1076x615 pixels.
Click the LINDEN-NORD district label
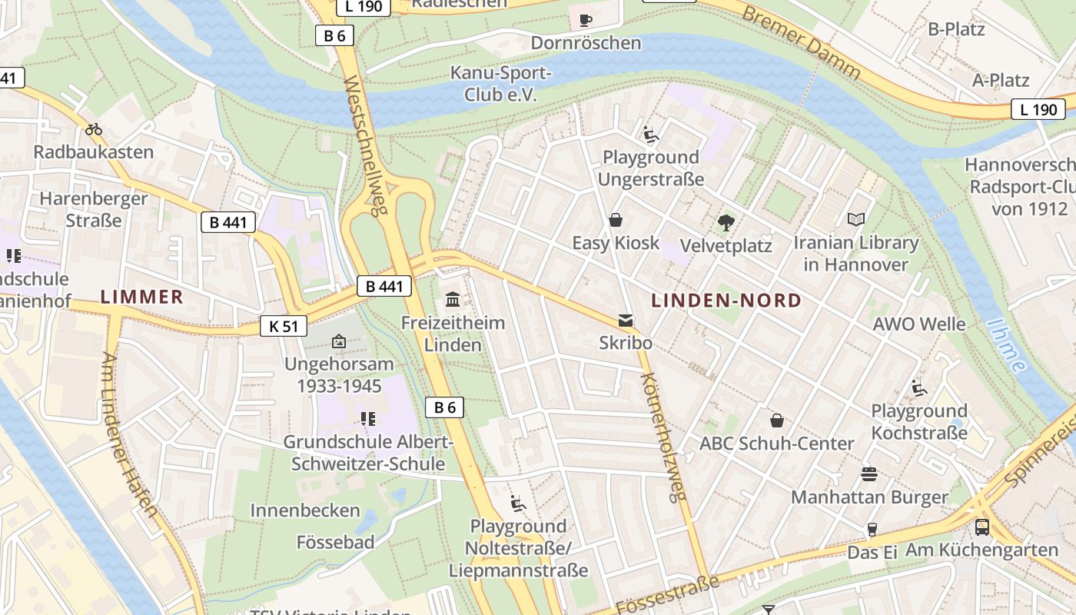coord(726,301)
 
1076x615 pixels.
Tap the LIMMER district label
coord(142,297)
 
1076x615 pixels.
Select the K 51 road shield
coord(283,326)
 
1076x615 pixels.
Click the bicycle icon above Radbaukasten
coord(94,129)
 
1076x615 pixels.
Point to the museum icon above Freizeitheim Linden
coord(453,299)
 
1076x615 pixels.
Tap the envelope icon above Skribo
coord(626,320)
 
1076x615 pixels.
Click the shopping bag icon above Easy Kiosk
coord(616,220)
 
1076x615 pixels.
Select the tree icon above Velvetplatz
coord(725,223)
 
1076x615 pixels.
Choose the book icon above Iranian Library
coord(855,220)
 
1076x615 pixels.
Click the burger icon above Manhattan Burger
coord(869,474)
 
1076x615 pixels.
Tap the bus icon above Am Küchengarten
coord(981,527)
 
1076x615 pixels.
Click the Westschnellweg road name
coord(363,146)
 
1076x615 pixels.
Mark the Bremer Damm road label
coord(801,43)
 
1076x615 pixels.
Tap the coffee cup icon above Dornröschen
coord(585,19)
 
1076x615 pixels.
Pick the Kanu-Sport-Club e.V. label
coord(500,84)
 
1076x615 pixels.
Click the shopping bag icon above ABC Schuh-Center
coord(777,421)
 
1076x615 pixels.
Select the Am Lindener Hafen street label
coord(129,434)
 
